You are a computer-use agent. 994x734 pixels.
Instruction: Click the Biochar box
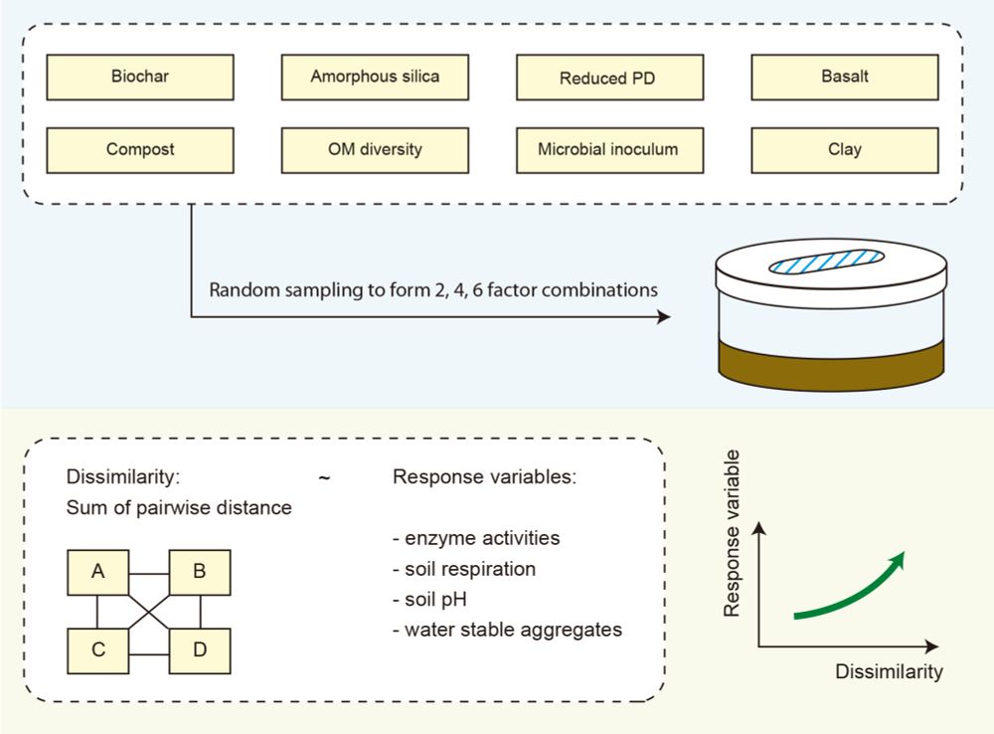[x=140, y=77]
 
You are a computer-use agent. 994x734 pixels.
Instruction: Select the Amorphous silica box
[x=375, y=77]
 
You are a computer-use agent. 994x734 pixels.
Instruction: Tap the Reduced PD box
[x=608, y=77]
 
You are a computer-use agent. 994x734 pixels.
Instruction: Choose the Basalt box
[x=844, y=77]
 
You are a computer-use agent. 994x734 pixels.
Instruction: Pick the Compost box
[x=140, y=150]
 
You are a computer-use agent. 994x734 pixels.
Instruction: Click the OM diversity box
[x=375, y=150]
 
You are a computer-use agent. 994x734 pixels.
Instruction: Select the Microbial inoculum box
[x=608, y=150]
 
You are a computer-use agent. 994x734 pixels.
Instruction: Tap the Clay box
[x=844, y=150]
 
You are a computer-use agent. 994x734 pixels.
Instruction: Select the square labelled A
[x=97, y=572]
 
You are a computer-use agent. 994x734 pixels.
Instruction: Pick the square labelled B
[x=200, y=572]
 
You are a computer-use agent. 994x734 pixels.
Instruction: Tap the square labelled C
[x=97, y=651]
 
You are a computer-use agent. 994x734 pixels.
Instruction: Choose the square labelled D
[x=200, y=651]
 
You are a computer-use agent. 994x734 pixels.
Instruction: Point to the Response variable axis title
[x=733, y=532]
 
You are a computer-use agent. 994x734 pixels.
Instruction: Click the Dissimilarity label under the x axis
[x=889, y=672]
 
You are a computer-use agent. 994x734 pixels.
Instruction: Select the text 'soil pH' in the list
[x=438, y=600]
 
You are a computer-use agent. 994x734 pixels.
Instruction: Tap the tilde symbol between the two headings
[x=325, y=477]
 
